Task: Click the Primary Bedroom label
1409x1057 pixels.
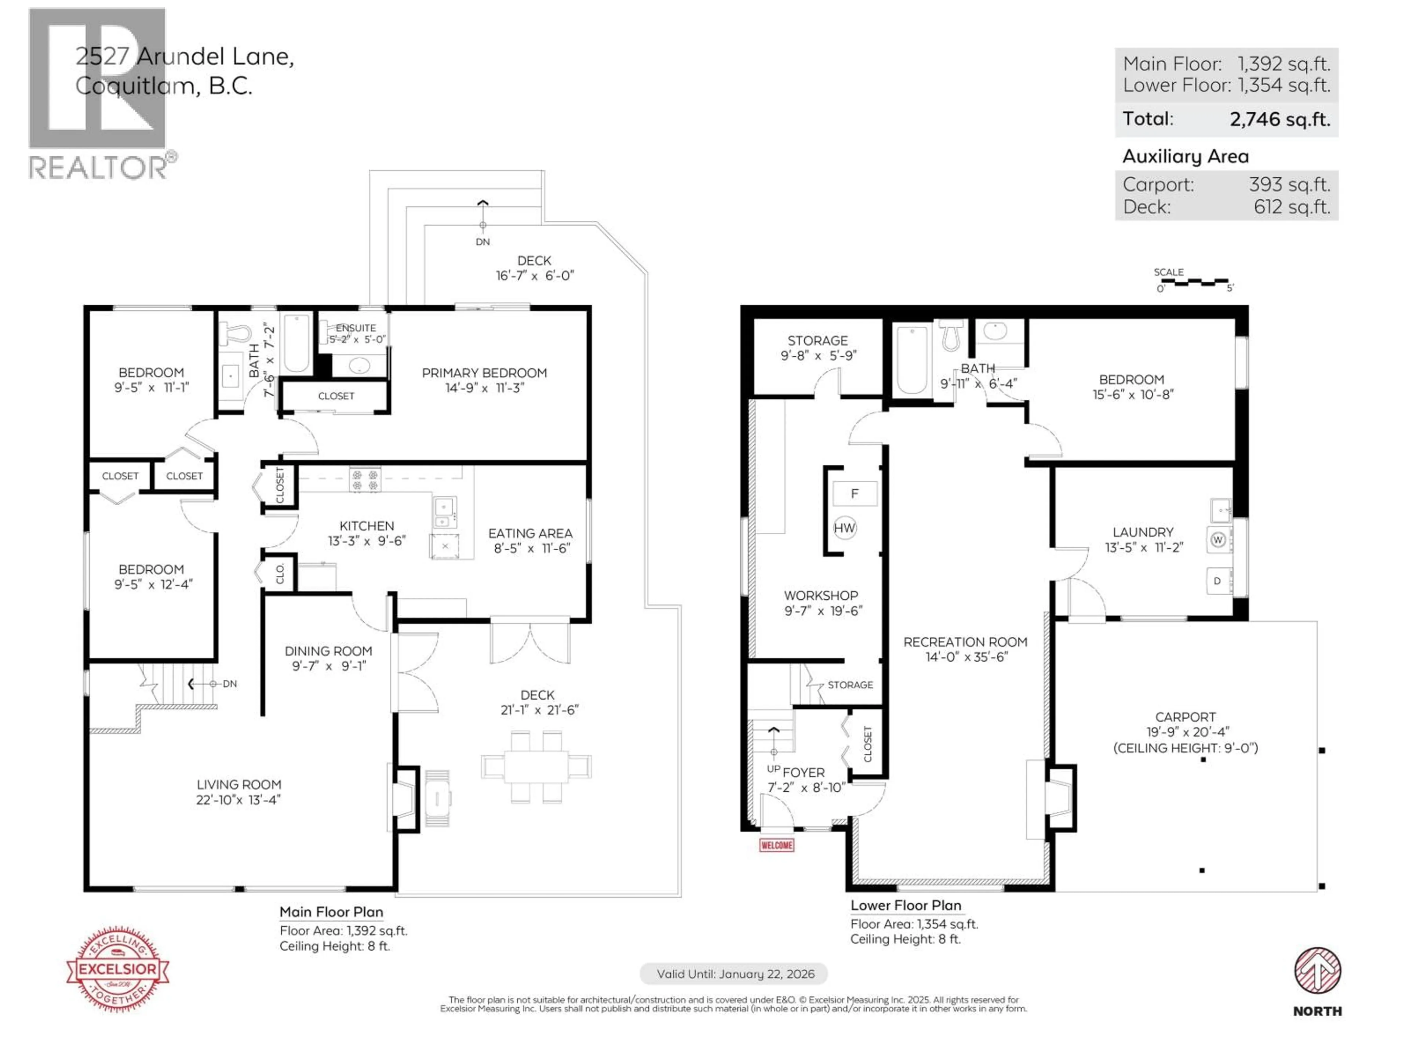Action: coord(484,373)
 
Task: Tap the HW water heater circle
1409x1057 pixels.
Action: coord(845,527)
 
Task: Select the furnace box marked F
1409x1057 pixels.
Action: coord(854,493)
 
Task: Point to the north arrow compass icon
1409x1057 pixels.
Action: coord(1317,970)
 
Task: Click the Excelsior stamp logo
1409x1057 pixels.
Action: coord(118,969)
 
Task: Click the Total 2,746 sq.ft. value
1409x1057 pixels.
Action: coord(1280,119)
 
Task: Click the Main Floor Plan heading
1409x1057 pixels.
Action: coord(331,912)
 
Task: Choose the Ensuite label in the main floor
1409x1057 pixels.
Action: coord(356,327)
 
